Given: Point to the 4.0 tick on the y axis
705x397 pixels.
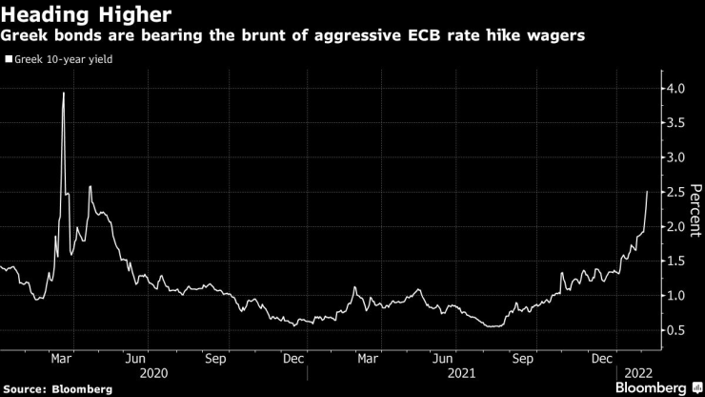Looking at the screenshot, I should point(675,89).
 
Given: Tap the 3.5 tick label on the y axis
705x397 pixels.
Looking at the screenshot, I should point(675,123).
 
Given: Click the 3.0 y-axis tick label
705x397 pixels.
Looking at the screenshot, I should point(675,157).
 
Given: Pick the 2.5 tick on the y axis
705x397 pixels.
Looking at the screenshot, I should point(675,193).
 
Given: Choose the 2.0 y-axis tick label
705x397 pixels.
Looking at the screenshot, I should point(675,227).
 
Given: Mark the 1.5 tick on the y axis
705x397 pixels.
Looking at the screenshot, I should point(675,261).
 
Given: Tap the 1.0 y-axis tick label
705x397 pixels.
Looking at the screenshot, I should point(675,296).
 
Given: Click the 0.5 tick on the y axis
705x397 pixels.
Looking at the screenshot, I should point(675,331).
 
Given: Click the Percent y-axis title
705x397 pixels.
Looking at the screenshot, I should point(695,210).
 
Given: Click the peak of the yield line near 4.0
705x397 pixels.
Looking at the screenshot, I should point(63,93).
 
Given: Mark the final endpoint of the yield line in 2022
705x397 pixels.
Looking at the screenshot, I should point(647,192).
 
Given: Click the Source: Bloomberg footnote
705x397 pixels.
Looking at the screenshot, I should point(56,388).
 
